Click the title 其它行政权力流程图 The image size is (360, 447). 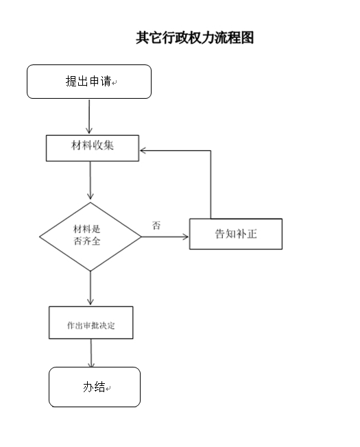pyautogui.click(x=195, y=38)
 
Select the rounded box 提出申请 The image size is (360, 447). pyautogui.click(x=88, y=82)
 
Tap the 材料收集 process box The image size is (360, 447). pyautogui.click(x=93, y=147)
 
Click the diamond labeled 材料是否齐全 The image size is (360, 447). pyautogui.click(x=91, y=237)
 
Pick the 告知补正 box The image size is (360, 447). pyautogui.click(x=235, y=234)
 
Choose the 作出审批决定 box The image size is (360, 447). pyautogui.click(x=91, y=323)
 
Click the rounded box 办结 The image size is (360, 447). pyautogui.click(x=94, y=387)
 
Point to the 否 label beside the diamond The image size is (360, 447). pyautogui.click(x=156, y=225)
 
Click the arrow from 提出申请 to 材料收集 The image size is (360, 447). pyautogui.click(x=89, y=117)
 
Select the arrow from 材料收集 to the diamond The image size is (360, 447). pyautogui.click(x=91, y=181)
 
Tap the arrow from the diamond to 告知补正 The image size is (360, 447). pyautogui.click(x=165, y=237)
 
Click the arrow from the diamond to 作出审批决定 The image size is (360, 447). pyautogui.click(x=91, y=288)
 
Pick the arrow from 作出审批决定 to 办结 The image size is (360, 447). pyautogui.click(x=91, y=353)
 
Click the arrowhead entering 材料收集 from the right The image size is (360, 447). pyautogui.click(x=144, y=150)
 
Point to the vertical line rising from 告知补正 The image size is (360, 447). pyautogui.click(x=210, y=185)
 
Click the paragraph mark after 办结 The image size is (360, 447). pyautogui.click(x=108, y=389)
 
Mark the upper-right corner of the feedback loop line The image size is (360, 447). pyautogui.click(x=210, y=150)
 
